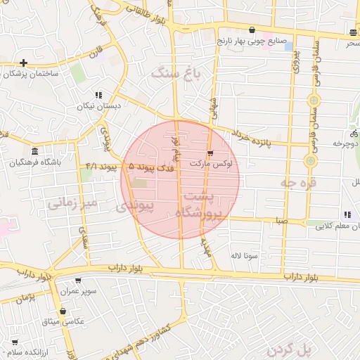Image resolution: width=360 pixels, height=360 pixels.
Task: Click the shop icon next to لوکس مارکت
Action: tap(210, 153)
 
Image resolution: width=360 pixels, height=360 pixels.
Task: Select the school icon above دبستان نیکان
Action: tap(98, 95)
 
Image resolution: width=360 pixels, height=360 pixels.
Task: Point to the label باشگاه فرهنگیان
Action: tap(35, 162)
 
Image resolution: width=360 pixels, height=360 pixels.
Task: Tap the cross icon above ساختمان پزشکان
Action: tap(24, 63)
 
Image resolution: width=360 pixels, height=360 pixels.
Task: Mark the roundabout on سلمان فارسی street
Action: tap(310, 161)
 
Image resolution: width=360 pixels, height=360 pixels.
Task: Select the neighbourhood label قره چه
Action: tap(299, 182)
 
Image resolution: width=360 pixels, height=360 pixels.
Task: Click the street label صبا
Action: tap(281, 220)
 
